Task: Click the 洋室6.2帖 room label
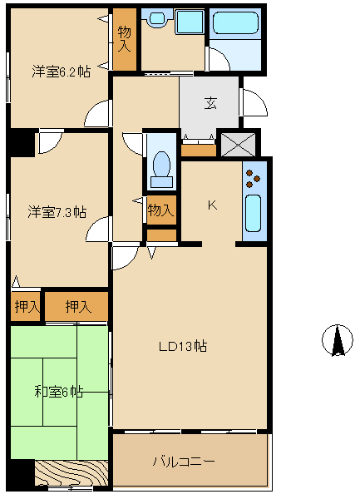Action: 61,72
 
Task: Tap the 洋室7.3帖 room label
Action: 57,212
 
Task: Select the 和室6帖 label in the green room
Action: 59,392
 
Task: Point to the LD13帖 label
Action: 183,346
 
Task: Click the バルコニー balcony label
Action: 184,461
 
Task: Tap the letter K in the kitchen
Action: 212,205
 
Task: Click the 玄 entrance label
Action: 210,103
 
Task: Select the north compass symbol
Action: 338,340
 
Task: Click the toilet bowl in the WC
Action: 162,168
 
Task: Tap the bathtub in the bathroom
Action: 235,22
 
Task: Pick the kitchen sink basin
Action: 254,213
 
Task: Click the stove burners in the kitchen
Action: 253,179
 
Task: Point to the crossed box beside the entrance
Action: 238,145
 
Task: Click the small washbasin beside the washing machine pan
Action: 156,18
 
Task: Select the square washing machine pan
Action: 190,22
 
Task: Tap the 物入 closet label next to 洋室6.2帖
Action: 125,39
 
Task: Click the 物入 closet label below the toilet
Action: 161,210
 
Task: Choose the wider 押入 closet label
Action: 78,306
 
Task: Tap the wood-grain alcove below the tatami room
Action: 71,473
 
